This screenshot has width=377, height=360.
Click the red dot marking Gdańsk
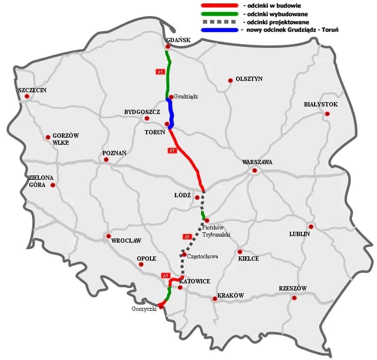pyautogui.click(x=168, y=47)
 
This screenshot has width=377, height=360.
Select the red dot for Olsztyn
pyautogui.click(x=230, y=80)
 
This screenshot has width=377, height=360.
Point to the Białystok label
pyautogui.click(x=320, y=104)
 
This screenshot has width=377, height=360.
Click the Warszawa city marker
pyautogui.click(x=254, y=170)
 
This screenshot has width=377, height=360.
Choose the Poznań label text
pyautogui.click(x=114, y=153)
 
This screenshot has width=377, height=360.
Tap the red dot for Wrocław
pyautogui.click(x=108, y=236)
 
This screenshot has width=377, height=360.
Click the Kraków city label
pyautogui.click(x=230, y=296)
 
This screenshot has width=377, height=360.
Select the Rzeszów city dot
pyautogui.click(x=294, y=298)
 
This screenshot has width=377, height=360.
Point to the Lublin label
pyautogui.click(x=300, y=234)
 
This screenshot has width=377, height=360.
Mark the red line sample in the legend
pyautogui.click(x=219, y=5)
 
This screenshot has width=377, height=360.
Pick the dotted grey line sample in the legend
pyautogui.click(x=219, y=22)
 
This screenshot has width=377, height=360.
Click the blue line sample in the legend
pyautogui.click(x=219, y=30)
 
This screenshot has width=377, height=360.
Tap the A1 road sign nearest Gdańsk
pyautogui.click(x=160, y=71)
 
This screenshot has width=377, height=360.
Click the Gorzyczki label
pyautogui.click(x=144, y=309)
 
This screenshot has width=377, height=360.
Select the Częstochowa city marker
pyautogui.click(x=184, y=255)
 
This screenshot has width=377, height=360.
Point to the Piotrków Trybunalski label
pyautogui.click(x=216, y=231)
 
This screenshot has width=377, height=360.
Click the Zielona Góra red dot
pyautogui.click(x=53, y=185)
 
